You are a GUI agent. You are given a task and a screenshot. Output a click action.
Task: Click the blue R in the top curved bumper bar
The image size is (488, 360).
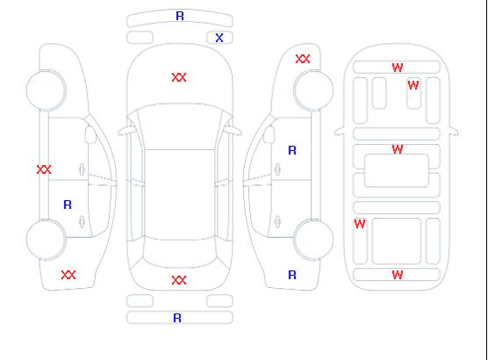click(180, 16)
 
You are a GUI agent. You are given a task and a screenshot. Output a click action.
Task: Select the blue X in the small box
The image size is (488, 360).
click(219, 38)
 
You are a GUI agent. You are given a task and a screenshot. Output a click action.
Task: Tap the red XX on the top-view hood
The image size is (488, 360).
click(179, 77)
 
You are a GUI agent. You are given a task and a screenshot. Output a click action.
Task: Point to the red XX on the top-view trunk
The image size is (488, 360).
click(179, 280)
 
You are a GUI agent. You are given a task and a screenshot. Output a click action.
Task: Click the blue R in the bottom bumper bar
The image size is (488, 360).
click(177, 318)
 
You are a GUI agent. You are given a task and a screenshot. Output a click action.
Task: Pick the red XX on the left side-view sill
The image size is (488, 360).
click(44, 169)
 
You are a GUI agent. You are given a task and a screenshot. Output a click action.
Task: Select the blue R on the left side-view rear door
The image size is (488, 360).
click(68, 205)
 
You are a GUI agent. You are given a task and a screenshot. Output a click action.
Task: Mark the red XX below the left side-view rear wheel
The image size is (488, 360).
click(68, 275)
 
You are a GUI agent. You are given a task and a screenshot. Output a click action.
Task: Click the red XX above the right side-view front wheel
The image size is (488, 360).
click(303, 59)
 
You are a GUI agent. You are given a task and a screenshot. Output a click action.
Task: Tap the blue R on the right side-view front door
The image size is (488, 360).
click(292, 150)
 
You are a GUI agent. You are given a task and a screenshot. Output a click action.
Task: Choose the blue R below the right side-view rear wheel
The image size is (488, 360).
click(292, 275)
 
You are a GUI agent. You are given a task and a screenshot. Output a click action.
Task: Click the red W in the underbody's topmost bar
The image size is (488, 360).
click(398, 68)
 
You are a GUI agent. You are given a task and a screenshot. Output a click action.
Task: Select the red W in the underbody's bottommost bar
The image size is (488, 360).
click(398, 275)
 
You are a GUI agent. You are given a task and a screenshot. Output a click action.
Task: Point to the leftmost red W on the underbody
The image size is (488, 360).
click(360, 224)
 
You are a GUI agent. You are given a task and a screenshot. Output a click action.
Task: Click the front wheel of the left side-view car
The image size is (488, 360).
click(46, 90)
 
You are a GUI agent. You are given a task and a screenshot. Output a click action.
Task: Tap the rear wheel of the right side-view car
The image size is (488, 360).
click(313, 239)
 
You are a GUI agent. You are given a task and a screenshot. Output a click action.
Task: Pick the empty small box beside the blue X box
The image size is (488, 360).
click(140, 38)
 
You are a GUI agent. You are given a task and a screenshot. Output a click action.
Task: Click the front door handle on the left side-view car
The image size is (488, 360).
click(83, 169)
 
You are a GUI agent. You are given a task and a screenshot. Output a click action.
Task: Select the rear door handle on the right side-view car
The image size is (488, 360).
click(277, 221)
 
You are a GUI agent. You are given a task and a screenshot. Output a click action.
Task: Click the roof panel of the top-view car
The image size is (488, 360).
click(180, 195)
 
